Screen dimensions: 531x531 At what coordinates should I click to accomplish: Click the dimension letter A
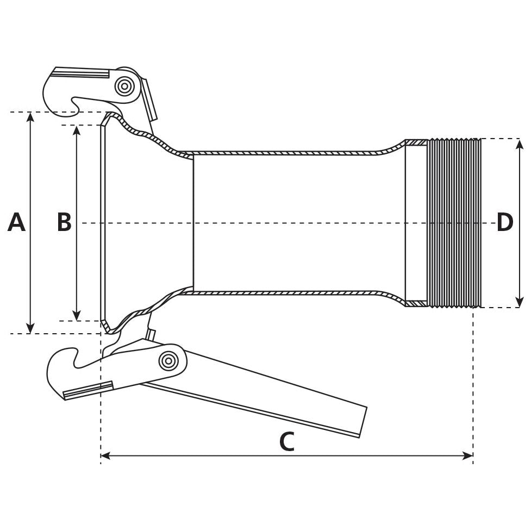[x=16, y=223]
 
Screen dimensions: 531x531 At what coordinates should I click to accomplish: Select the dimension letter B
[x=64, y=223]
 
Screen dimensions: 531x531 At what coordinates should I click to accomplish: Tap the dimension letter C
[x=286, y=442]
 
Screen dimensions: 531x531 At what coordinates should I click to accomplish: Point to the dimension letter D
[x=505, y=223]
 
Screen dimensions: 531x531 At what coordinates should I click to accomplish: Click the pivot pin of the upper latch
[x=124, y=86]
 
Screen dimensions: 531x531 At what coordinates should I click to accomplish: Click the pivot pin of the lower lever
[x=168, y=360]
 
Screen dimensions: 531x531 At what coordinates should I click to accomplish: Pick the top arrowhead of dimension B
[x=77, y=130]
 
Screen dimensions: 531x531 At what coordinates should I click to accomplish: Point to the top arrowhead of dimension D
[x=520, y=143]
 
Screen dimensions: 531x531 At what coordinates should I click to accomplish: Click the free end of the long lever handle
[x=362, y=422]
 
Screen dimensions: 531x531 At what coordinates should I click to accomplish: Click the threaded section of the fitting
[x=454, y=223]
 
